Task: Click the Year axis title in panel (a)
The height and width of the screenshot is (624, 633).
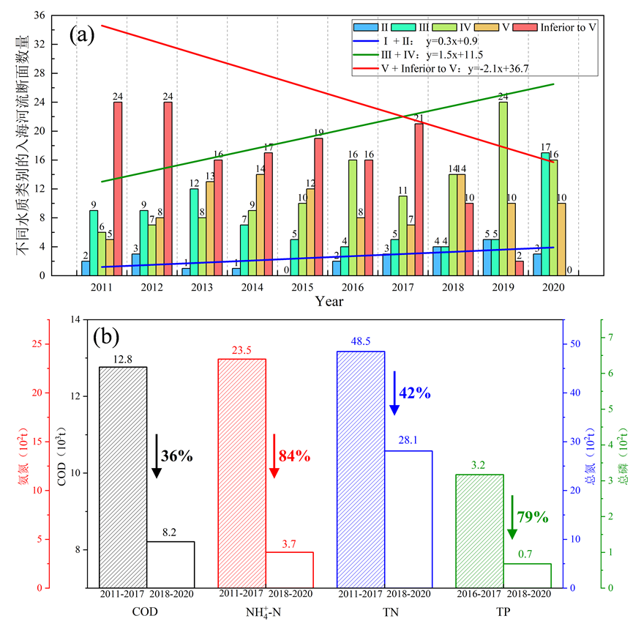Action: click(x=329, y=301)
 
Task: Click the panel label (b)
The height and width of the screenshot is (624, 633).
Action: click(x=107, y=338)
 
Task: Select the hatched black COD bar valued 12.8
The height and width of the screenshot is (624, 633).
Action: click(x=123, y=477)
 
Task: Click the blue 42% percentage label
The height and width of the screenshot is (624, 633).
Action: click(x=414, y=393)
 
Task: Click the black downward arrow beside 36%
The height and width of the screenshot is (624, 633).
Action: click(x=156, y=456)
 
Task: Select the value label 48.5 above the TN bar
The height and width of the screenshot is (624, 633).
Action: click(x=360, y=342)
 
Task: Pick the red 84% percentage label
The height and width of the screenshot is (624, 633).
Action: click(x=295, y=456)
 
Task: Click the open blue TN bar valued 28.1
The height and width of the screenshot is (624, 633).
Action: click(x=408, y=519)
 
